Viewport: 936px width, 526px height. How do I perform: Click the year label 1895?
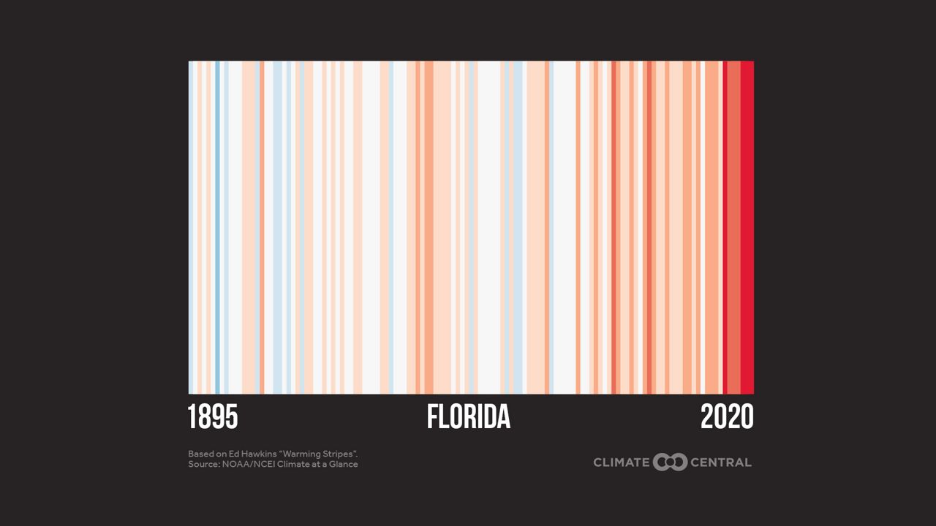point(213,417)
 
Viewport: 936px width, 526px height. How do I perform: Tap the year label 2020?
point(727,417)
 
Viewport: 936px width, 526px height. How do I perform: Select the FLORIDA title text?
point(468,417)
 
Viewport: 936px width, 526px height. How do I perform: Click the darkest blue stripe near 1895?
point(217,226)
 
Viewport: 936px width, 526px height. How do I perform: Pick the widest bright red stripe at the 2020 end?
point(747,226)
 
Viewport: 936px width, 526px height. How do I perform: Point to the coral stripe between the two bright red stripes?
point(733,226)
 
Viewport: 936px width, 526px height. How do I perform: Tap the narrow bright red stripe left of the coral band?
point(724,226)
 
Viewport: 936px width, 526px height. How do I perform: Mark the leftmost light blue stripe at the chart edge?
point(191,226)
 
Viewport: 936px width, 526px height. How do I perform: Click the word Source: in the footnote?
point(203,464)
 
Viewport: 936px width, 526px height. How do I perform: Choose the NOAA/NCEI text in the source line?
point(246,464)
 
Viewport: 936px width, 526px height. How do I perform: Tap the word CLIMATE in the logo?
point(621,462)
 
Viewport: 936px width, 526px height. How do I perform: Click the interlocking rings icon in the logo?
point(670,462)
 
